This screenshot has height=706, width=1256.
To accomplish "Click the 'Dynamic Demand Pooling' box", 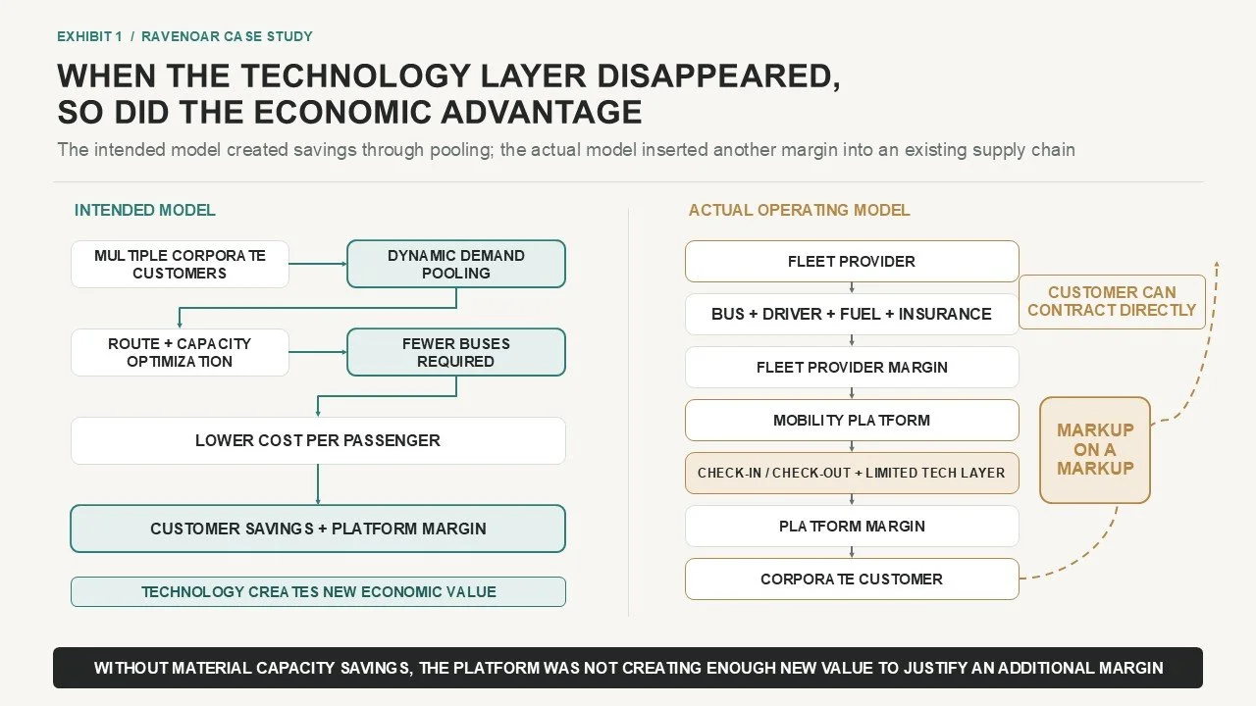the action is [456, 264].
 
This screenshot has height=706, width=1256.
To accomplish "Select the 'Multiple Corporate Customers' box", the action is [180, 264].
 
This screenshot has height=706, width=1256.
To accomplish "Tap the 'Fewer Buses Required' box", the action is [456, 352].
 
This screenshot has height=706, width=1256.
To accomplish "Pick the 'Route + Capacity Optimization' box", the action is [180, 352].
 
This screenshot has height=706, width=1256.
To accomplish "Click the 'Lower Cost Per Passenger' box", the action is [318, 440].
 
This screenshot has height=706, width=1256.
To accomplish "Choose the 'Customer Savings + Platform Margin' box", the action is [318, 529].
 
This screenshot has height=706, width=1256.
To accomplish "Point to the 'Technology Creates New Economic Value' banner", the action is [318, 591].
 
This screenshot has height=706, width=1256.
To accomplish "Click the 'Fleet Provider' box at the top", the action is [852, 261].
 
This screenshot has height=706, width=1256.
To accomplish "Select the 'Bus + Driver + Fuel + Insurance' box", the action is [852, 314].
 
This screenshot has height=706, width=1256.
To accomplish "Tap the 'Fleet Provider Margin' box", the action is [852, 367].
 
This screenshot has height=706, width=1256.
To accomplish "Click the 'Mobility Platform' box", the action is [852, 420].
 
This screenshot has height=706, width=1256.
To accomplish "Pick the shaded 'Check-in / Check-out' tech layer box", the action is [852, 473].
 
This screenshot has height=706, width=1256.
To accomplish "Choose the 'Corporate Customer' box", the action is [852, 579].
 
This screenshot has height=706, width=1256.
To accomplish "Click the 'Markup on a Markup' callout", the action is [1094, 450].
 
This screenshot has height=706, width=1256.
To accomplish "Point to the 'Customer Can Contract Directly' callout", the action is [1112, 301].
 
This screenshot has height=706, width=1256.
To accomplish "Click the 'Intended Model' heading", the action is [144, 210].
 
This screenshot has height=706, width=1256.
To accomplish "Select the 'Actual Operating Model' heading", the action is [799, 210].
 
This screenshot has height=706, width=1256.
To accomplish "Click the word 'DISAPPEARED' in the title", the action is [718, 76].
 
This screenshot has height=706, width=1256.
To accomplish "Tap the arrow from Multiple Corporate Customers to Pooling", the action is [318, 264].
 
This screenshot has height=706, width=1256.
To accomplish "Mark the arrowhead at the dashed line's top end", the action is [1217, 265].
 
